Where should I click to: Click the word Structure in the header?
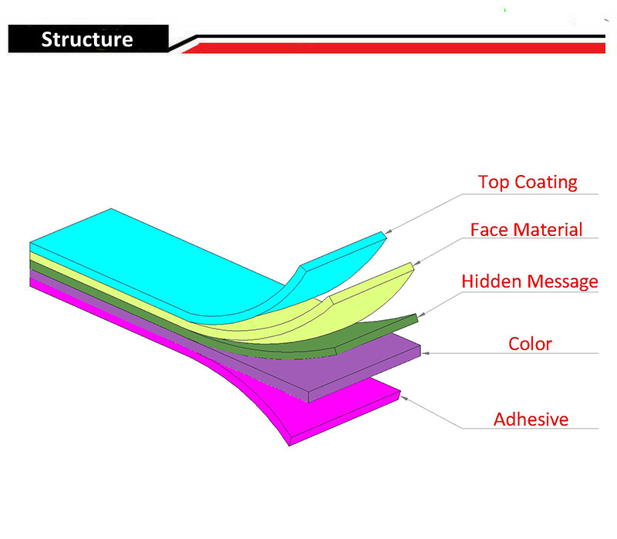pos(87,39)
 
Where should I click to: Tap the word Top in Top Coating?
pos(494,183)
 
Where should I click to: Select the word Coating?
pos(546,183)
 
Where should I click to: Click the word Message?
pos(563,282)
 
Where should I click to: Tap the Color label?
pos(530,344)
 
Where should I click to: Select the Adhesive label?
pos(531,419)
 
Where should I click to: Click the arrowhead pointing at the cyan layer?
pos(389,232)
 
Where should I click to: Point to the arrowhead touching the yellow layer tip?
pos(417,262)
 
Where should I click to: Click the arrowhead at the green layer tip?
pos(421,315)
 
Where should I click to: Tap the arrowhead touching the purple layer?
pos(426,353)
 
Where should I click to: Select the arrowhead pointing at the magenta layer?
pos(404,399)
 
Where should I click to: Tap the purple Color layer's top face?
pos(335,366)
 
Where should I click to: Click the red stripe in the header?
pos(393,48)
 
